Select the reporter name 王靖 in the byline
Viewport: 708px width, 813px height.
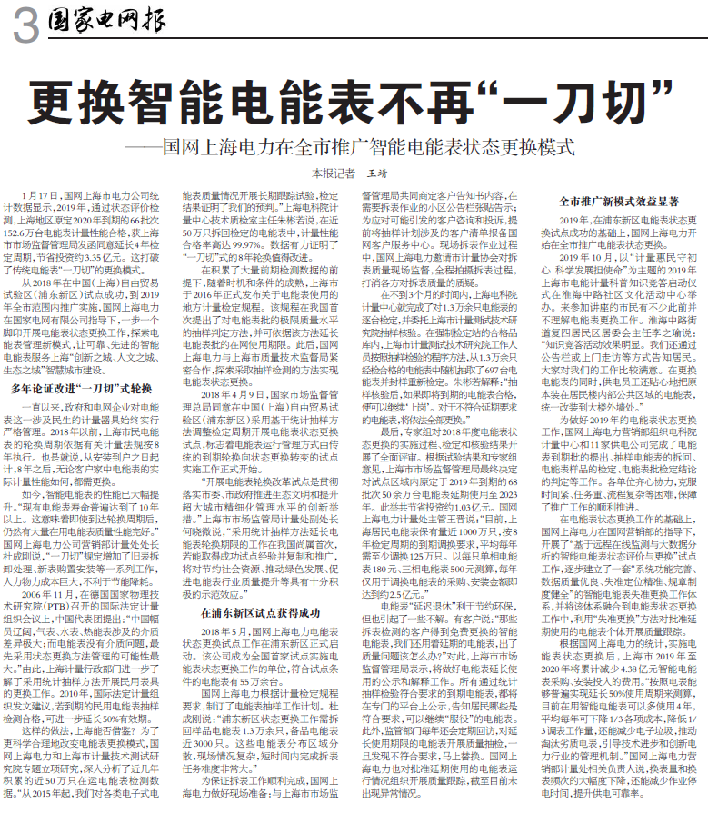click(x=376, y=173)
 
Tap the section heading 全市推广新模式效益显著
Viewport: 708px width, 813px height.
click(x=615, y=203)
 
